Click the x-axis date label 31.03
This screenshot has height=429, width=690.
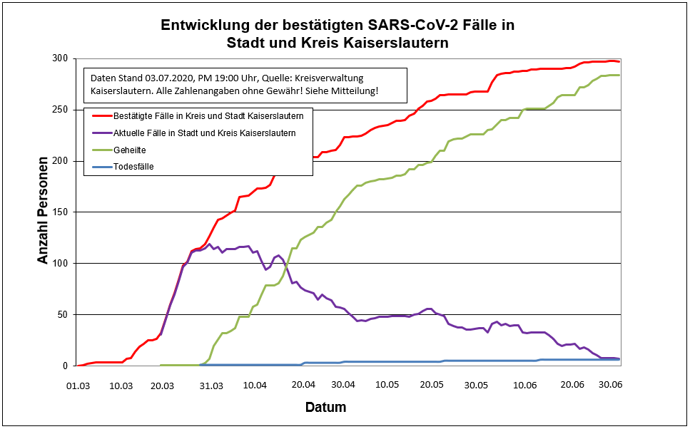click(x=210, y=386)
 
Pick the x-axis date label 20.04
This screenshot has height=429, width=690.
click(x=303, y=386)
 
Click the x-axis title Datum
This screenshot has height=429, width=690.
click(x=325, y=408)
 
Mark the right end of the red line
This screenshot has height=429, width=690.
click(x=619, y=61)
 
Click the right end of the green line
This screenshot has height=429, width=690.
click(x=619, y=75)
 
